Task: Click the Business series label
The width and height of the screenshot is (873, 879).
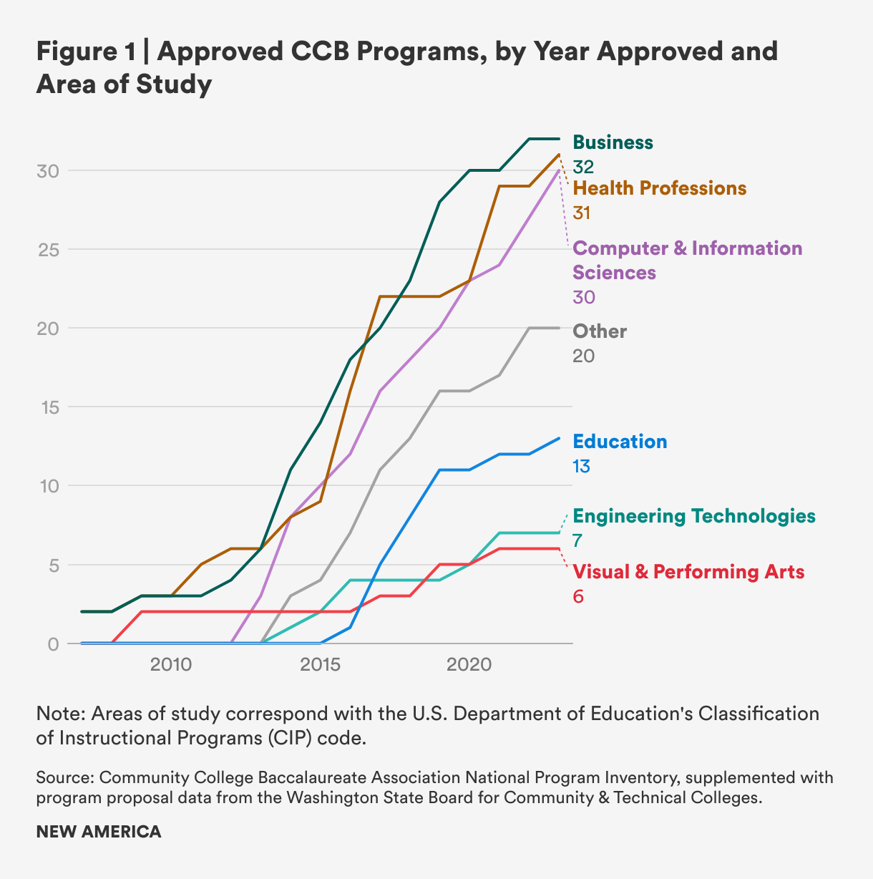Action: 613,142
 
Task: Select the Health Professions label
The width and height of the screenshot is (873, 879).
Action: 660,188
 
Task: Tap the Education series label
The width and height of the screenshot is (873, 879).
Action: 620,442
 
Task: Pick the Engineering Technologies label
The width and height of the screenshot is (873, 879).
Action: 694,516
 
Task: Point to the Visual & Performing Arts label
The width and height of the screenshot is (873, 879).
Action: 688,572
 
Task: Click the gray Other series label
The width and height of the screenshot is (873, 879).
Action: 600,331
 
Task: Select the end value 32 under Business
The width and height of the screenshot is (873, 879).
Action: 583,167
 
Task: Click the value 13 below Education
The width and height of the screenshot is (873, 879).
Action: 581,466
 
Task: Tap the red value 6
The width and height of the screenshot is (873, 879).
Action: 577,596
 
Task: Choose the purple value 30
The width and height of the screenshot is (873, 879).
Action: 583,297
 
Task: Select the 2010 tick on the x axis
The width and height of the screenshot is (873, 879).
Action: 171,665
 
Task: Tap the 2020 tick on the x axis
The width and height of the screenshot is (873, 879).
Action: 469,665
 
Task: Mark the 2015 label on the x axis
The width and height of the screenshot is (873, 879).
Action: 320,665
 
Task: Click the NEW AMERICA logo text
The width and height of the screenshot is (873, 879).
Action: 99,832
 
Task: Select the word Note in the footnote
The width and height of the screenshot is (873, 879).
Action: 59,714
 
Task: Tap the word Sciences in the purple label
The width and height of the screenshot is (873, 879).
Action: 614,273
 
